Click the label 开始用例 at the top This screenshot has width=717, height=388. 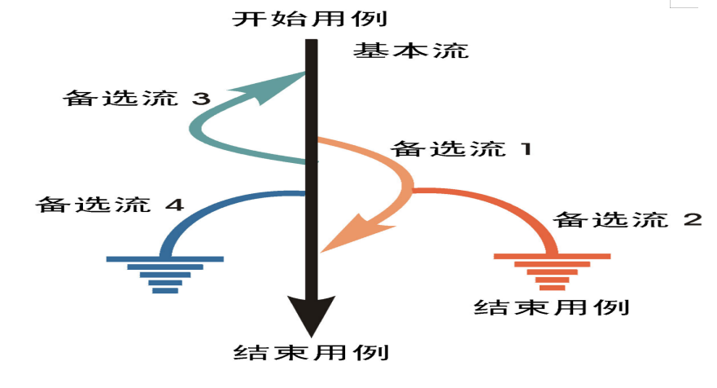click(x=311, y=17)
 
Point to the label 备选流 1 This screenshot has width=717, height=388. click(x=461, y=149)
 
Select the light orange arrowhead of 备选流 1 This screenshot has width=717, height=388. click(x=346, y=231)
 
